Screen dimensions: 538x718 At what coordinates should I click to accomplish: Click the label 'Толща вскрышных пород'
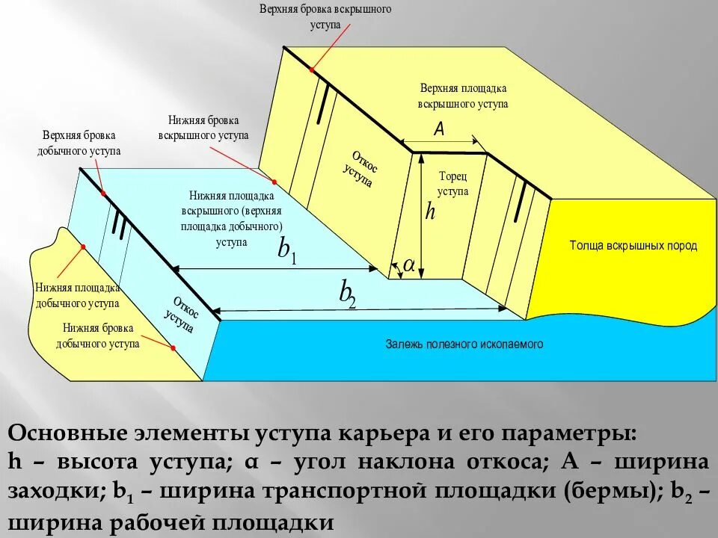pos(633,246)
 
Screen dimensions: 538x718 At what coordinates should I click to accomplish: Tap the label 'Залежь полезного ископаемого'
pos(464,344)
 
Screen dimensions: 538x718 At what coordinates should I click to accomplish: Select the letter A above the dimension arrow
pos(439,130)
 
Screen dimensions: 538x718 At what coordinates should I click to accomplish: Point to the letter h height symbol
pos(430,211)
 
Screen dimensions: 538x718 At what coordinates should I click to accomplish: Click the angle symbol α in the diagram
pos(409,265)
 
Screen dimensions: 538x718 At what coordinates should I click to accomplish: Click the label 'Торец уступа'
pos(452,184)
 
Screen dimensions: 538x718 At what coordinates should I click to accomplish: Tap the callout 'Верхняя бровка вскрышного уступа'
pos(325,16)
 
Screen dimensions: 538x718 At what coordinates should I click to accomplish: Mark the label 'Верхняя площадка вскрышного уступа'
pos(464,96)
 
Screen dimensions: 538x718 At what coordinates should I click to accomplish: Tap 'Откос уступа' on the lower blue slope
pos(182,315)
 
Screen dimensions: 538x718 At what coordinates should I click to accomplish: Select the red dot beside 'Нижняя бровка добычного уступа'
pos(174,348)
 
